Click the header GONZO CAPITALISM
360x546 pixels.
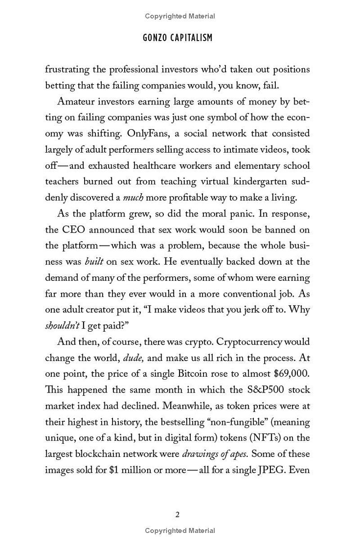coord(177,38)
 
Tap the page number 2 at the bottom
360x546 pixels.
coord(177,514)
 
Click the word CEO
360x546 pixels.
coord(72,230)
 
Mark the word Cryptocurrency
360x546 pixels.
coord(253,342)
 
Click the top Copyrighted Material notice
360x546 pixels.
coord(180,16)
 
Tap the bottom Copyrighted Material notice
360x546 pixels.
coord(180,531)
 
